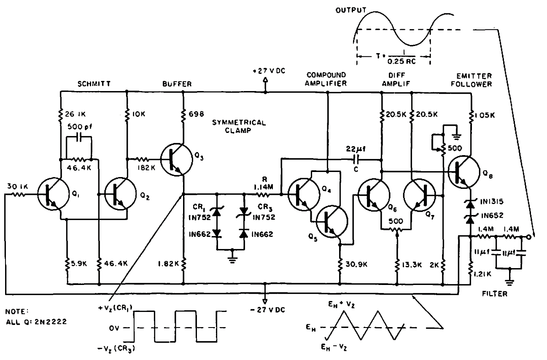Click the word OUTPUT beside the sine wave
point(351,10)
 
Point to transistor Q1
point(52,194)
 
